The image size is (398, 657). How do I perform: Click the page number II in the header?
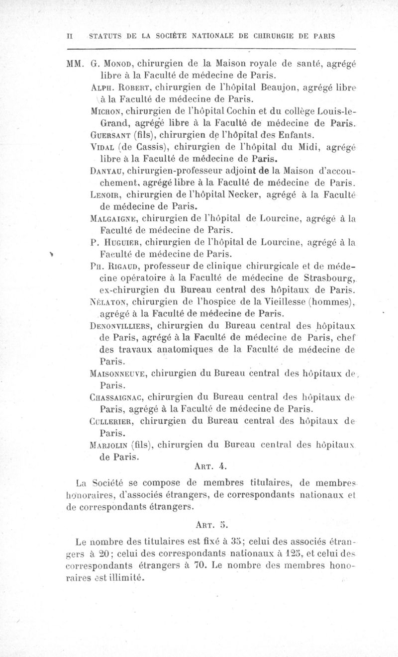tap(70, 36)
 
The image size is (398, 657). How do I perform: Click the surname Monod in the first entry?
tap(118, 64)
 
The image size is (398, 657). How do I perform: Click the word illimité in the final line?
tap(121, 577)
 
